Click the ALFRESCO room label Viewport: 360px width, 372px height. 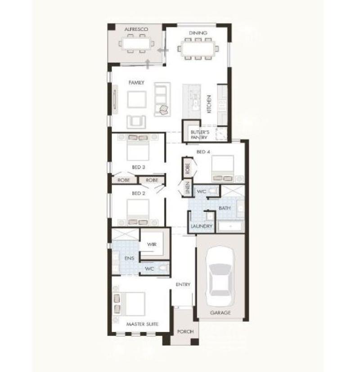tap(136, 29)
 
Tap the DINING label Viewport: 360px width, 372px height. tap(198, 33)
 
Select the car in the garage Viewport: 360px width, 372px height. tap(220, 277)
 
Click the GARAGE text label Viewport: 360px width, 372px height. tap(220, 313)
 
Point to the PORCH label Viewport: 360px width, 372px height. tap(185, 332)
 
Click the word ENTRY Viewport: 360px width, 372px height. tap(183, 284)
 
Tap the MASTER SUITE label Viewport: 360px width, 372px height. tap(142, 324)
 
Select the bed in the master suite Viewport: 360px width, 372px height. tap(132, 304)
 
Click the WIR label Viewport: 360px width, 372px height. tap(152, 244)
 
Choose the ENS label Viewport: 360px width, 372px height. tap(129, 258)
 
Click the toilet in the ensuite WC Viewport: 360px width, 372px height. tap(163, 268)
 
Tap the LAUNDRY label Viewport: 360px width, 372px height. tap(201, 226)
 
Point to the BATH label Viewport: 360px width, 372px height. tap(224, 208)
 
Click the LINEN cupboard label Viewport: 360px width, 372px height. tap(188, 188)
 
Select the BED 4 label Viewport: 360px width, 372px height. tap(203, 152)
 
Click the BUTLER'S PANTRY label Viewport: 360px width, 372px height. tap(200, 135)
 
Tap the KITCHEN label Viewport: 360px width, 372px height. tap(209, 104)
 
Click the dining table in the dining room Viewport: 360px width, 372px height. tap(198, 49)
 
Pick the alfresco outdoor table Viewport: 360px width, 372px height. tap(136, 44)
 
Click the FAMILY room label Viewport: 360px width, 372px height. tap(136, 83)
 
